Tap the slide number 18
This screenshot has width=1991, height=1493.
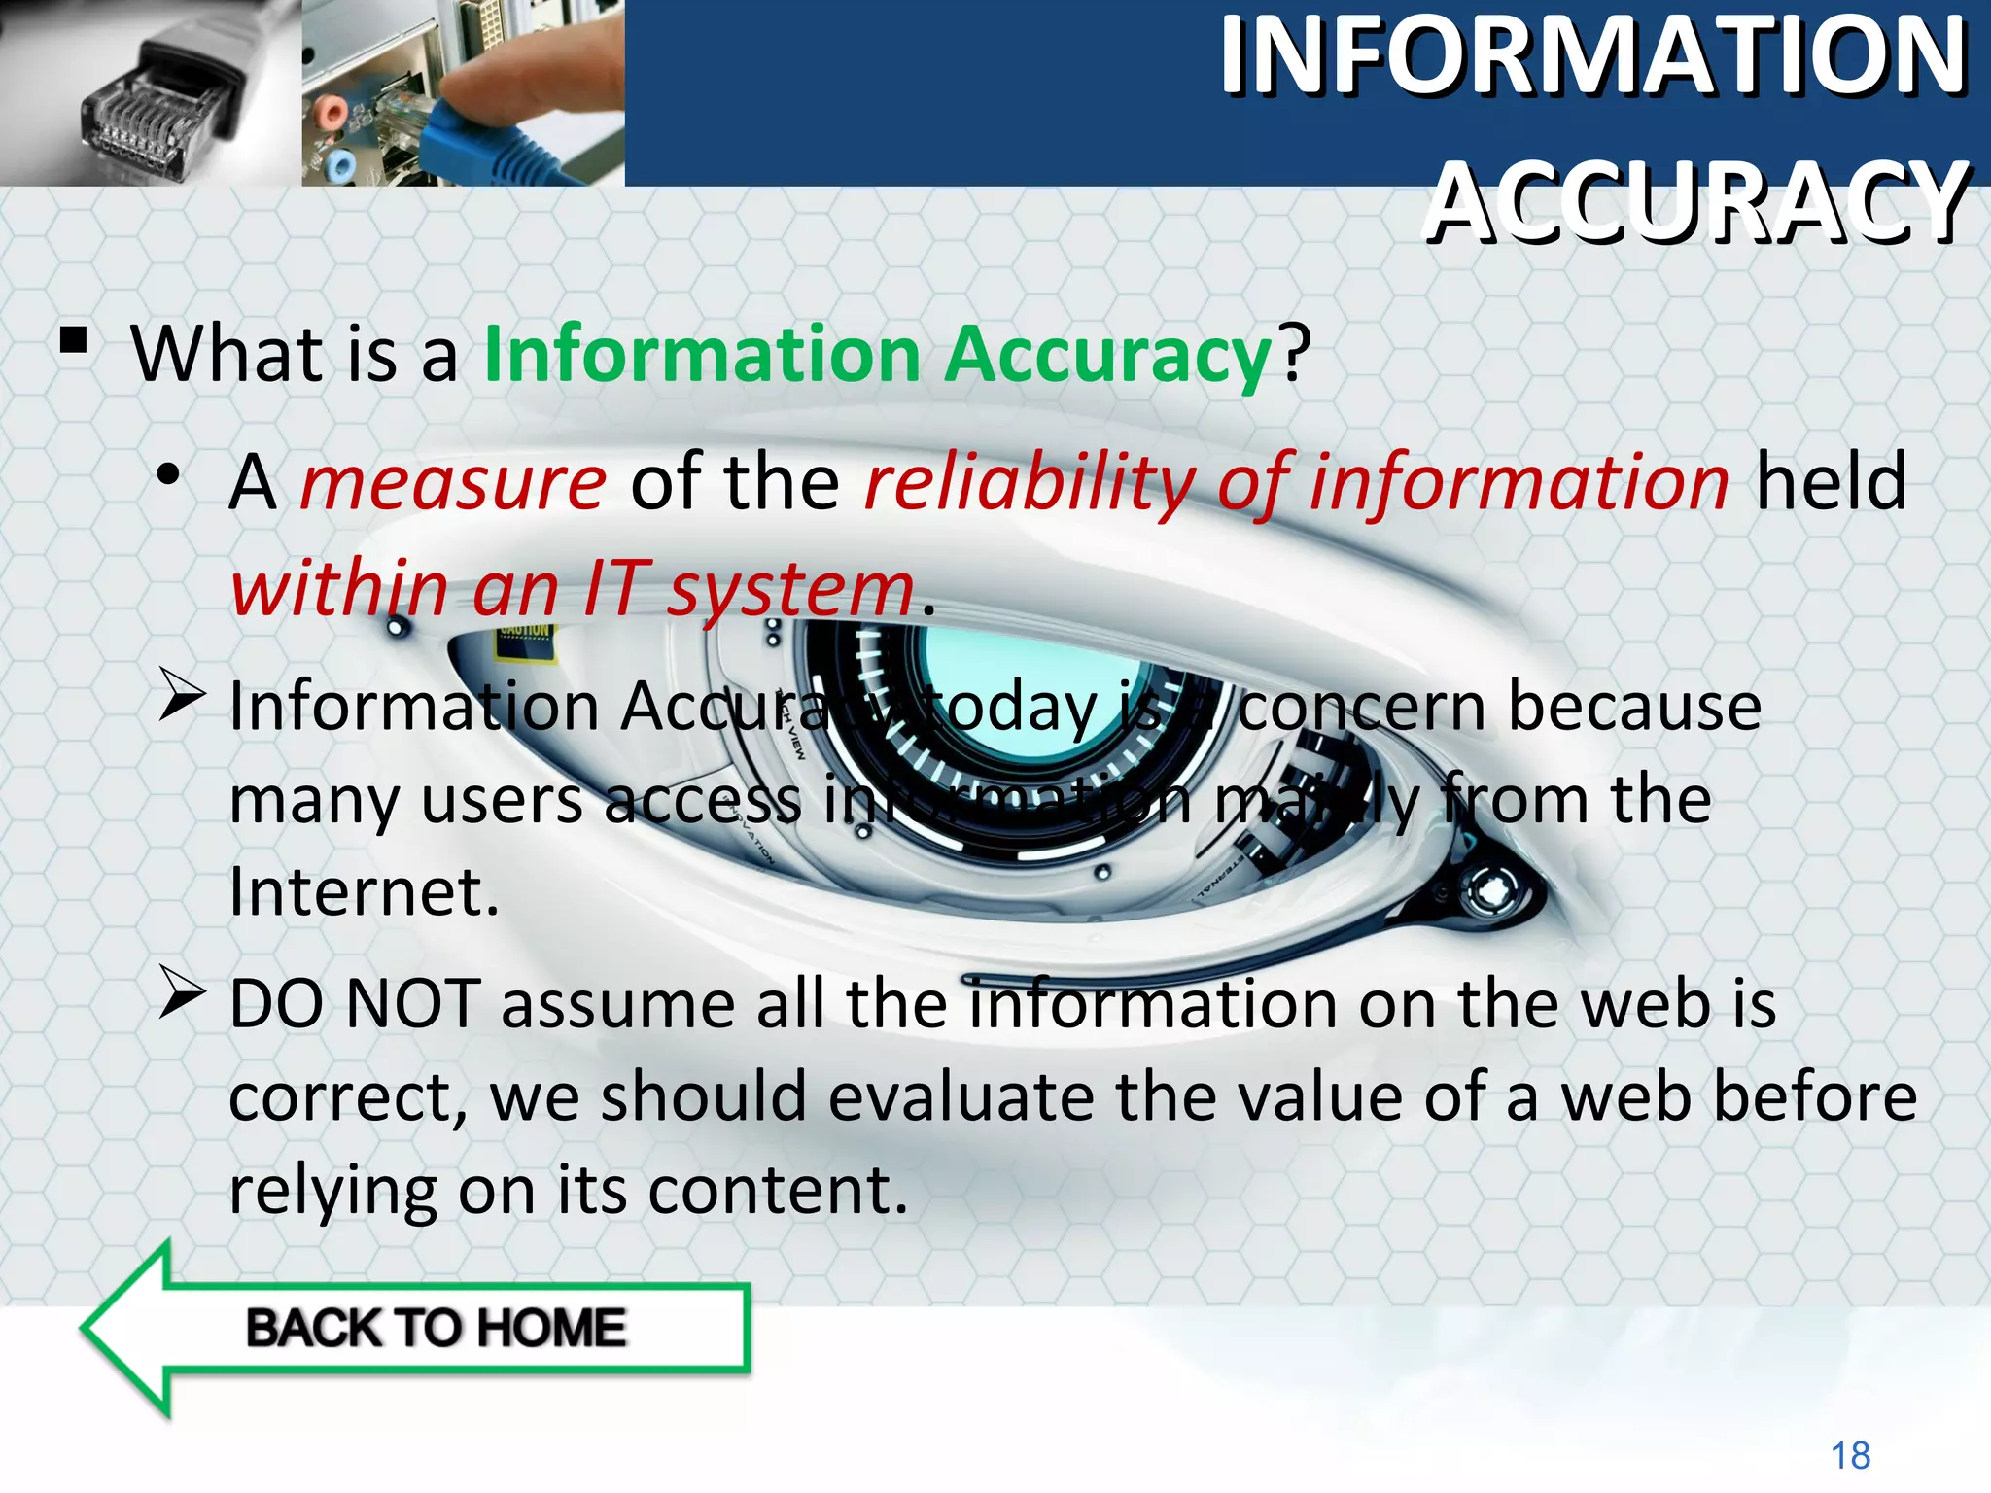(1850, 1455)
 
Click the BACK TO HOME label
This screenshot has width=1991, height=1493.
(437, 1328)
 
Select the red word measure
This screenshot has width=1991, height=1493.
(453, 482)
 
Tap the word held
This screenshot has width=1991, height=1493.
(1831, 482)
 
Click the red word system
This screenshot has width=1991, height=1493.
(790, 589)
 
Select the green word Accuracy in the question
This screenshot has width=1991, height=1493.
(1108, 354)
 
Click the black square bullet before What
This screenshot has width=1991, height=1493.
(74, 341)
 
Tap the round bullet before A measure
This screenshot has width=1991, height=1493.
(170, 475)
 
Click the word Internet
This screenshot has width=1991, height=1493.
(364, 891)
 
